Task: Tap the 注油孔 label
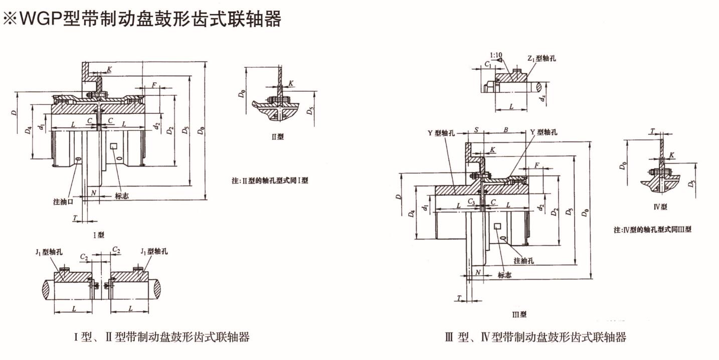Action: (x=523, y=261)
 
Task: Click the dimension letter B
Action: (x=506, y=130)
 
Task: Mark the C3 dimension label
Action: (x=471, y=201)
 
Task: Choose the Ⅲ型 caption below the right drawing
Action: (x=519, y=314)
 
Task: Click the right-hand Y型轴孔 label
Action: (x=543, y=132)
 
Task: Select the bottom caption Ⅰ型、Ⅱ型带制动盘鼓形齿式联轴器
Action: (x=161, y=337)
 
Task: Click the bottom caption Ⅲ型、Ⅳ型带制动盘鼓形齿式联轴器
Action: (x=535, y=337)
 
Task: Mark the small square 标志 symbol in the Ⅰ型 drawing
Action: (x=114, y=146)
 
